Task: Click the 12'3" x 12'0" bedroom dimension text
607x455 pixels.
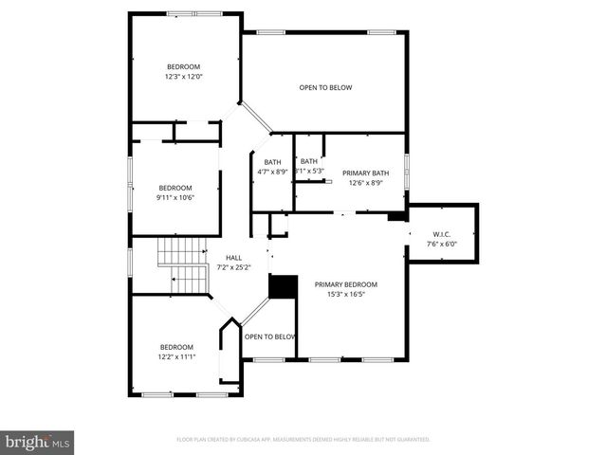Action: (184, 77)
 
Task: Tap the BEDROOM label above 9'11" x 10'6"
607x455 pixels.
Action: (175, 187)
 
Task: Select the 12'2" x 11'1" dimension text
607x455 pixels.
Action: (176, 357)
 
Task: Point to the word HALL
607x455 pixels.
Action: (233, 257)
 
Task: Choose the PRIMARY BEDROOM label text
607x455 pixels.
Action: (346, 284)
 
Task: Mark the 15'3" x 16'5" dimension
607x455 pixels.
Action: (346, 295)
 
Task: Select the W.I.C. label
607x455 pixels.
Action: (442, 233)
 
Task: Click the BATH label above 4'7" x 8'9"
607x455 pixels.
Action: (272, 162)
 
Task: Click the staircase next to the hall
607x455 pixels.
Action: (183, 265)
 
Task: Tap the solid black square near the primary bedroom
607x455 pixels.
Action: (282, 287)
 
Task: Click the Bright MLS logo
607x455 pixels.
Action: (38, 441)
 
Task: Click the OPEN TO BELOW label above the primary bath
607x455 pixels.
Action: (325, 88)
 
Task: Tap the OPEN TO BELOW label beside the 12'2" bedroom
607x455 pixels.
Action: (269, 337)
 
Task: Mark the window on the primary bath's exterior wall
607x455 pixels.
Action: (406, 165)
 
